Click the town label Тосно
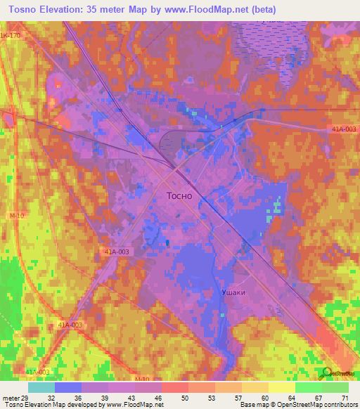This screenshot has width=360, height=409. click(179, 196)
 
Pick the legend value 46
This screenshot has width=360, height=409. click(161, 397)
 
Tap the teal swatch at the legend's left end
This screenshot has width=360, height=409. click(41, 387)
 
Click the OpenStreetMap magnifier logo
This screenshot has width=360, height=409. click(325, 372)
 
